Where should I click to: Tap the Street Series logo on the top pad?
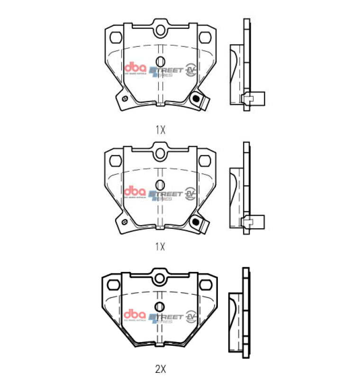[166, 71]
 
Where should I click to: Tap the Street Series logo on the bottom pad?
[166, 317]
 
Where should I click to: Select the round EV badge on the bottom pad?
[191, 316]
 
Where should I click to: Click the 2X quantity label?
[160, 367]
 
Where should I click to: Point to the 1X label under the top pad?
[160, 130]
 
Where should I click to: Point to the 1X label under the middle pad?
[160, 246]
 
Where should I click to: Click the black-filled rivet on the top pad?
[194, 98]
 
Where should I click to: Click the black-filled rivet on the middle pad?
[194, 221]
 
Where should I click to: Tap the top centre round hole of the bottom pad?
[160, 277]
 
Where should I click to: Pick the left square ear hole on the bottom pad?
[114, 284]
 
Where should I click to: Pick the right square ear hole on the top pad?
[206, 37]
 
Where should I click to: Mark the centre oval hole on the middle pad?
[160, 184]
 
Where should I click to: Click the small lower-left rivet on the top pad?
[125, 99]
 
